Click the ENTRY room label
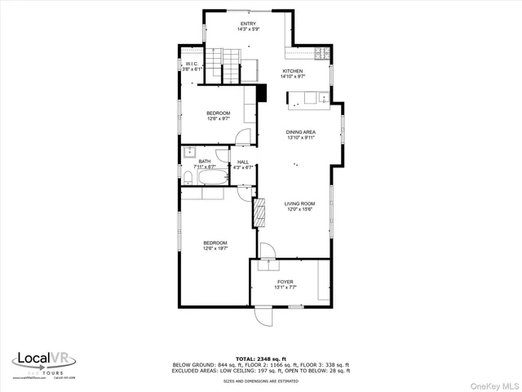(247, 24)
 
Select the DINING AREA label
(300, 131)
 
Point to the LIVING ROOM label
(299, 203)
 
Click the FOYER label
(285, 282)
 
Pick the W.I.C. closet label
(191, 64)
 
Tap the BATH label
(204, 163)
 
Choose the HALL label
(243, 163)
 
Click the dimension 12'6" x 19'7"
(215, 248)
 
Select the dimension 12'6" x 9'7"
(218, 118)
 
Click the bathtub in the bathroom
(204, 194)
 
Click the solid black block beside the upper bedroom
(261, 92)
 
